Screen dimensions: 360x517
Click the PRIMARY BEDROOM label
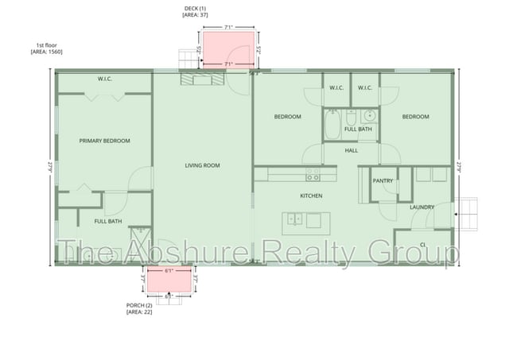(104, 141)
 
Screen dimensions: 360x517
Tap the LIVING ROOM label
(202, 165)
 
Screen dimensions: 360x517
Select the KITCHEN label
(310, 195)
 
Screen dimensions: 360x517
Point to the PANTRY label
(383, 180)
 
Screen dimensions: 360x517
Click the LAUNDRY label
(422, 207)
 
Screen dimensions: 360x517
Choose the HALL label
(352, 149)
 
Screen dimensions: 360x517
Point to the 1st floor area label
(45, 48)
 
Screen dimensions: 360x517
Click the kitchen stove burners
(313, 176)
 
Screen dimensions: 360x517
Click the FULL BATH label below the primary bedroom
(107, 221)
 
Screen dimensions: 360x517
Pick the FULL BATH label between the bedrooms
(358, 129)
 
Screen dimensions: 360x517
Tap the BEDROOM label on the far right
(415, 117)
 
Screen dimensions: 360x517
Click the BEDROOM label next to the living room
(287, 117)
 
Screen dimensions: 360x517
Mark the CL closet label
(422, 244)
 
